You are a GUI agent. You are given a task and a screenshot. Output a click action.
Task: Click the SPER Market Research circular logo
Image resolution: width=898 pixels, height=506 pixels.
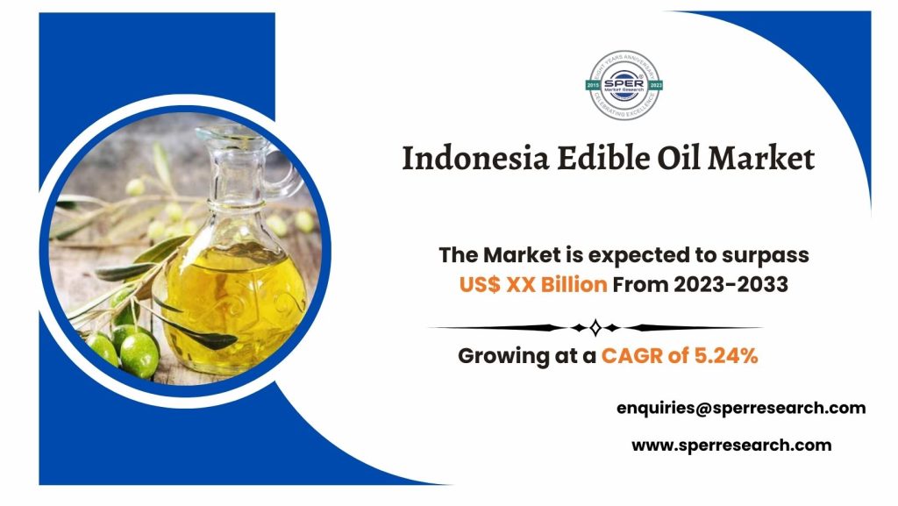624,85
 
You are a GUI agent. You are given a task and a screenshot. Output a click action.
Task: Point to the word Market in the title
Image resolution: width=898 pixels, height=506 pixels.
761,158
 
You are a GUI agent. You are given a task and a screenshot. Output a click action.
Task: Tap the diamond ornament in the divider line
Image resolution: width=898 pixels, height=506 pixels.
595,328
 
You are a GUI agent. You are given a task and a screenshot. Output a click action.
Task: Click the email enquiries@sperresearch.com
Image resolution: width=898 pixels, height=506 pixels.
741,408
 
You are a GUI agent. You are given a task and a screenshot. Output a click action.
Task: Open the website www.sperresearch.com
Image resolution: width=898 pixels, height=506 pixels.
731,445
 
